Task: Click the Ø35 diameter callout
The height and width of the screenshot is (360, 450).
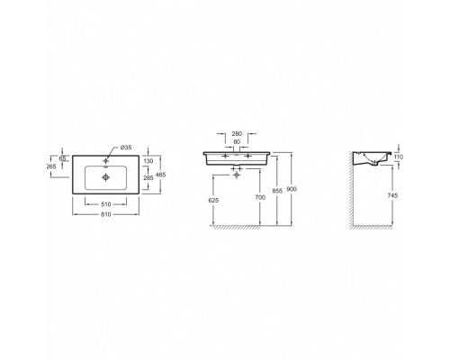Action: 126,148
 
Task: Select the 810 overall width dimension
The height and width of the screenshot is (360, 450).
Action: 106,214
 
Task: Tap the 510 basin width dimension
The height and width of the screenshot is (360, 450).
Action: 106,204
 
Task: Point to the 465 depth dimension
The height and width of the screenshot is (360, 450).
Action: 161,175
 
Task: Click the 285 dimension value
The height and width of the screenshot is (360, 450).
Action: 148,178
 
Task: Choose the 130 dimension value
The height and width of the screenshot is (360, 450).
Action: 148,161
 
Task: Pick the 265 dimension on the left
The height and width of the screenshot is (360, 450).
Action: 51,166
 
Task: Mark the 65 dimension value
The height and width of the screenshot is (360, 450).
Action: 62,158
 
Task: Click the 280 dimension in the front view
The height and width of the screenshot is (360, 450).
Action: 237,134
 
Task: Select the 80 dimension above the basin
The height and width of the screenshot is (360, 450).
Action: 237,141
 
